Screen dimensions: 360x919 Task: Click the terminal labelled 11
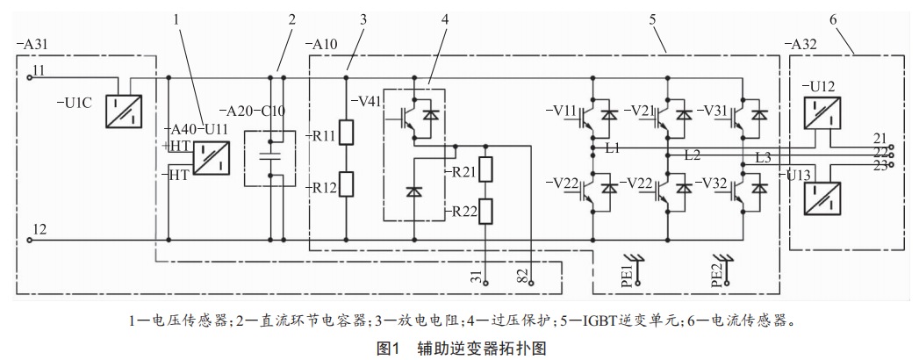pyautogui.click(x=29, y=76)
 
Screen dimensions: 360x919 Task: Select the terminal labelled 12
pyautogui.click(x=29, y=238)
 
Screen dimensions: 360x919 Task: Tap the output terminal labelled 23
pyautogui.click(x=892, y=164)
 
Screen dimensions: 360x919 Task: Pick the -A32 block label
pyautogui.click(x=804, y=44)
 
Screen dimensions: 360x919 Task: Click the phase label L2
pyautogui.click(x=692, y=155)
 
